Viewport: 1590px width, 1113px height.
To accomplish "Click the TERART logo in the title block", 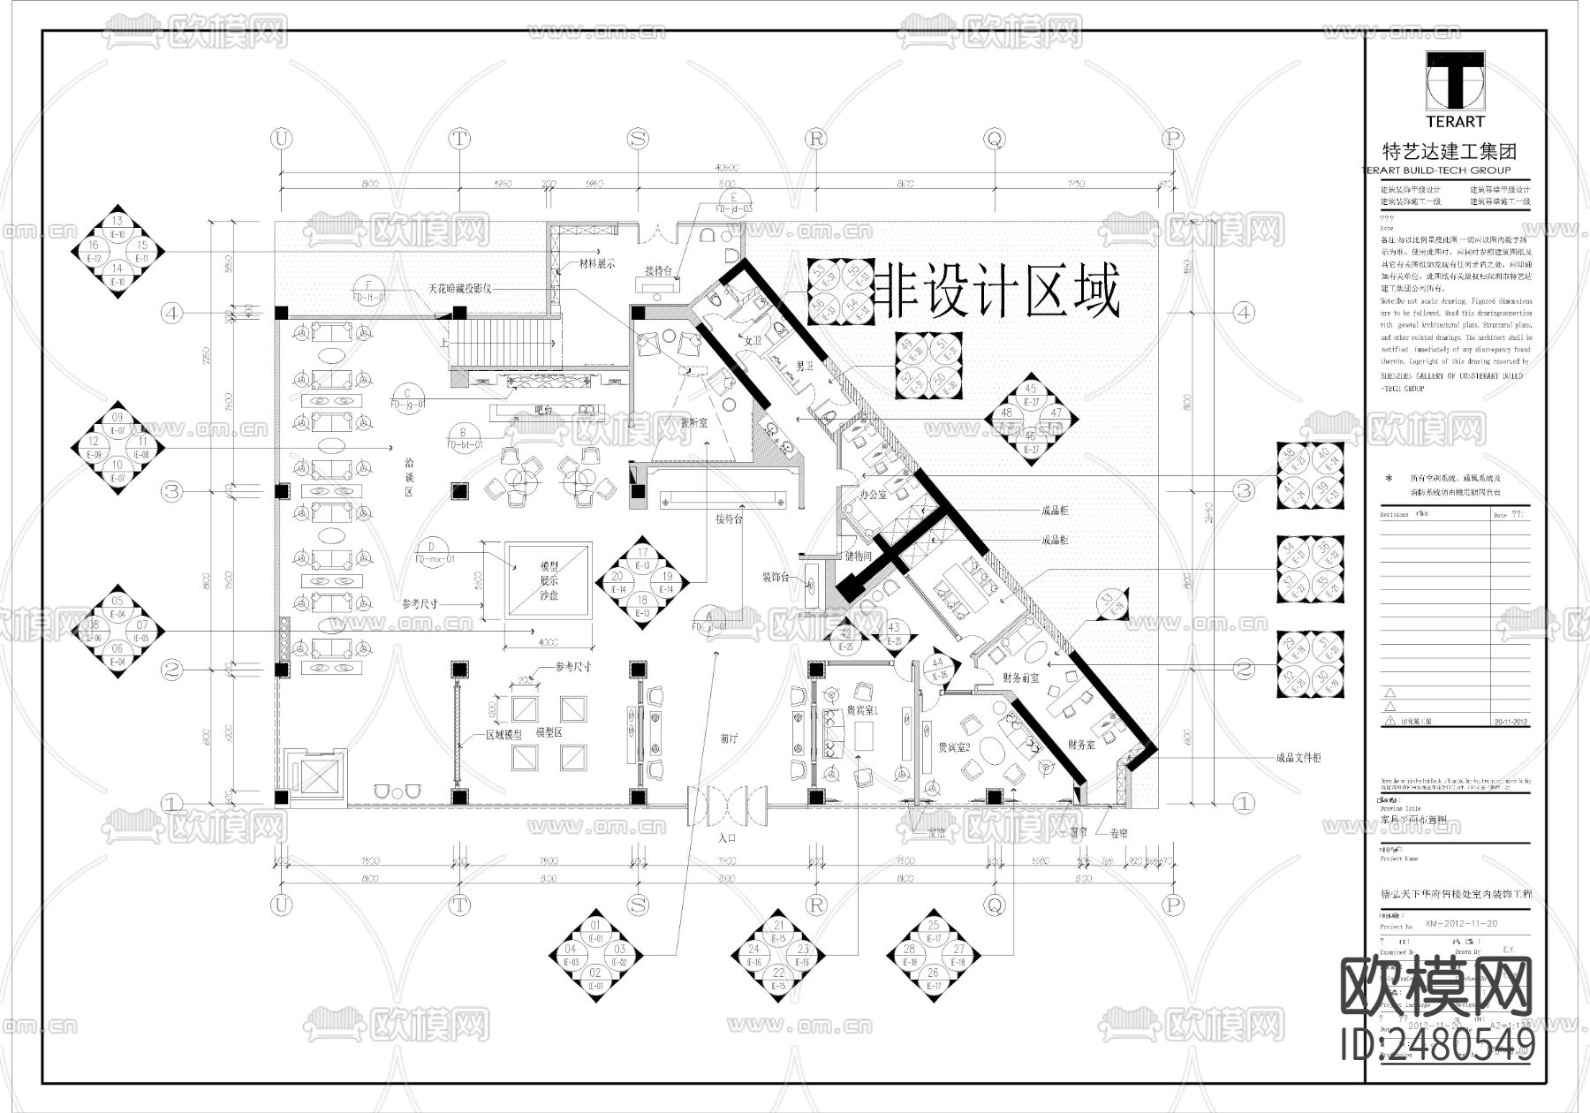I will [1455, 88].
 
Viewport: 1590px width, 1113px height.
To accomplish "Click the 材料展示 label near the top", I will [596, 263].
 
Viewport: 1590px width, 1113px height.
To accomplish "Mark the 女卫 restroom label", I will [753, 340].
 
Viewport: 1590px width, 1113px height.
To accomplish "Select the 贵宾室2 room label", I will [954, 746].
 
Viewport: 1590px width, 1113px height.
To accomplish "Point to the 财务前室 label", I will [1019, 678].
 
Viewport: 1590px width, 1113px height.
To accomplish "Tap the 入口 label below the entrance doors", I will [727, 836].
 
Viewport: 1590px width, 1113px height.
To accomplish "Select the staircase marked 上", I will [506, 343].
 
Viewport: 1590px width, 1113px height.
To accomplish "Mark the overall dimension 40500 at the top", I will [726, 167].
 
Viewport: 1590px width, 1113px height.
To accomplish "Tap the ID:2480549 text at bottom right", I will [1437, 1045].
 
